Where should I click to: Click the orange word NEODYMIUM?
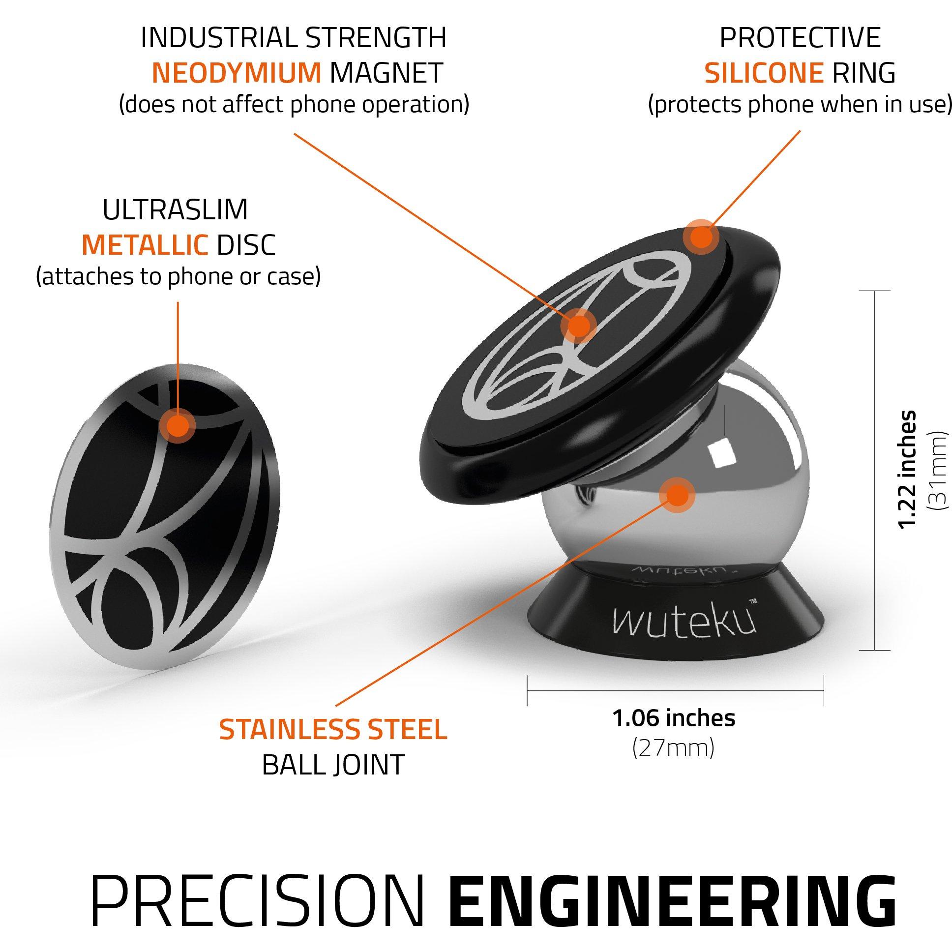237,73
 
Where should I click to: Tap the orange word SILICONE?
764,73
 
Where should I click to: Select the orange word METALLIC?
145,244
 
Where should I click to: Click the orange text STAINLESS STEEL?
333,730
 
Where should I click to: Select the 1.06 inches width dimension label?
674,718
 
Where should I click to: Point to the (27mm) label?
673,748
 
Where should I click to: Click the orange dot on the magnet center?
578,326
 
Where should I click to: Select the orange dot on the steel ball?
677,495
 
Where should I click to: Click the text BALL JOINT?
333,764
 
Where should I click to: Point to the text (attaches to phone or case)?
178,277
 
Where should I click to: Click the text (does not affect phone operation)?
294,105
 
